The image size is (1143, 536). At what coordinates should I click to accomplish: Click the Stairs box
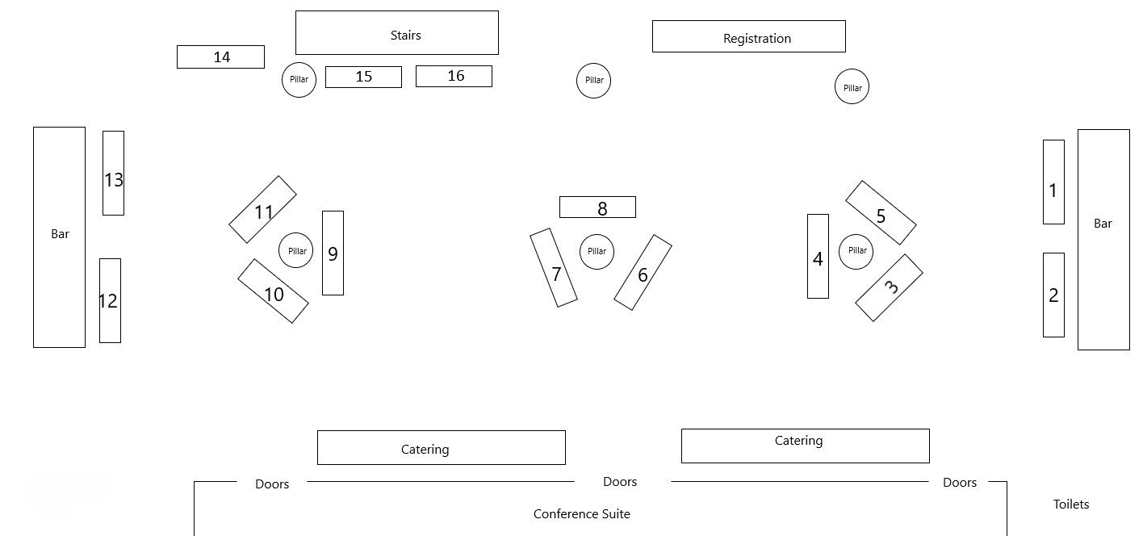point(396,33)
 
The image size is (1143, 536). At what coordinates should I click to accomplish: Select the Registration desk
point(748,36)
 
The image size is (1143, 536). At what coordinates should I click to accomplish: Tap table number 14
point(220,57)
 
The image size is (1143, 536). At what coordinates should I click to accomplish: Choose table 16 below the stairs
point(454,76)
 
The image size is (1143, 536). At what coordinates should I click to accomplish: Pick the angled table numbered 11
point(262,210)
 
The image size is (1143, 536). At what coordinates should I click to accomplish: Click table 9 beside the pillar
point(333,253)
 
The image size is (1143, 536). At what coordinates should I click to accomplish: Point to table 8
point(597,207)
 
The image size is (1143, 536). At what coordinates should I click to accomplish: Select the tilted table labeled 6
point(643,273)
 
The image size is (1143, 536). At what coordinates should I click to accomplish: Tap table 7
point(554,268)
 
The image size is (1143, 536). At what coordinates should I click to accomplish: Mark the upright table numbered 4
point(818,257)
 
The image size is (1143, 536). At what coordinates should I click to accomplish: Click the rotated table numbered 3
point(889,288)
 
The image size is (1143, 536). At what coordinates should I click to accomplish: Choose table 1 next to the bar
point(1053,182)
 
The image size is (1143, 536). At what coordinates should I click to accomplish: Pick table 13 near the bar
point(113,174)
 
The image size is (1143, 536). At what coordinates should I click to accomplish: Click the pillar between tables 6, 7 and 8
point(597,252)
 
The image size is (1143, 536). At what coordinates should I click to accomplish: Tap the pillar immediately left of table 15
point(299,80)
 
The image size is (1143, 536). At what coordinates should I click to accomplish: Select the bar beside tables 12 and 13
point(59,237)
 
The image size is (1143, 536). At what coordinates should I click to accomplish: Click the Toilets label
point(1071,505)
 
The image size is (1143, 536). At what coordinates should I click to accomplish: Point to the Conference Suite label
point(581,514)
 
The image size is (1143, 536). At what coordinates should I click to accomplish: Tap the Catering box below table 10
point(441,448)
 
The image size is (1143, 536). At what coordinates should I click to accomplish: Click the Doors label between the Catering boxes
point(620,482)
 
